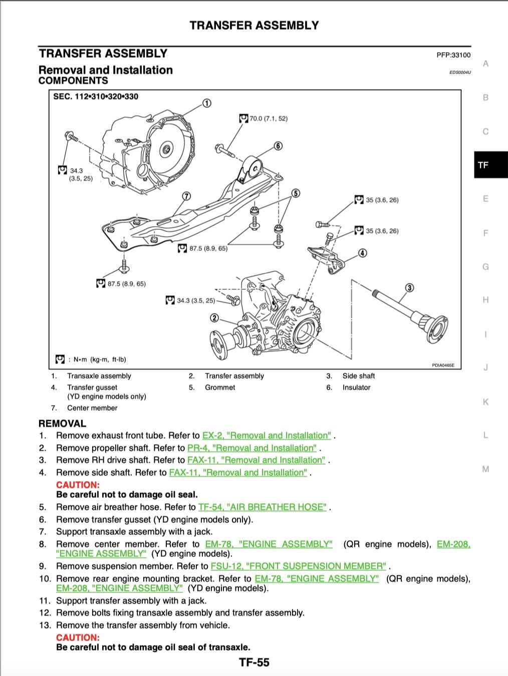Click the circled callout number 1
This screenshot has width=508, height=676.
point(206,103)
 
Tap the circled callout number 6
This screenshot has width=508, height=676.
point(278,146)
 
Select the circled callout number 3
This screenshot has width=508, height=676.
point(409,287)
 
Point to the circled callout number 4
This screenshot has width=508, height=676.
point(363,253)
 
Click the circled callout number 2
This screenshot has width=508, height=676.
point(214,318)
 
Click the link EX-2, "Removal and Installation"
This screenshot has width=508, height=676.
point(267,436)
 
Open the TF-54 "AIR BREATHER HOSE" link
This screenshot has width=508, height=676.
point(263,507)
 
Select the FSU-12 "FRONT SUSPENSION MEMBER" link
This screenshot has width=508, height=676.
point(299,566)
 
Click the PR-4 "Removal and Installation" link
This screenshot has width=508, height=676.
point(252,448)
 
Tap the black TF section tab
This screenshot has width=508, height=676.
point(483,165)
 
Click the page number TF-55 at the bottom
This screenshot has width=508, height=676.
point(254,662)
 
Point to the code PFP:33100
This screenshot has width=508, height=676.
point(453,55)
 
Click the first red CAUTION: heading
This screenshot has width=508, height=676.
point(78,485)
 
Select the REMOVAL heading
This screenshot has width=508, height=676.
point(62,423)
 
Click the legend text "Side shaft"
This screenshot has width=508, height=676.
point(358,376)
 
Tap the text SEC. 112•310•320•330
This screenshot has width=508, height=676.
point(96,96)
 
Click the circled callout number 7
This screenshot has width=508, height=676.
point(186,196)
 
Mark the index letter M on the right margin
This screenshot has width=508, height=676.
point(485,469)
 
